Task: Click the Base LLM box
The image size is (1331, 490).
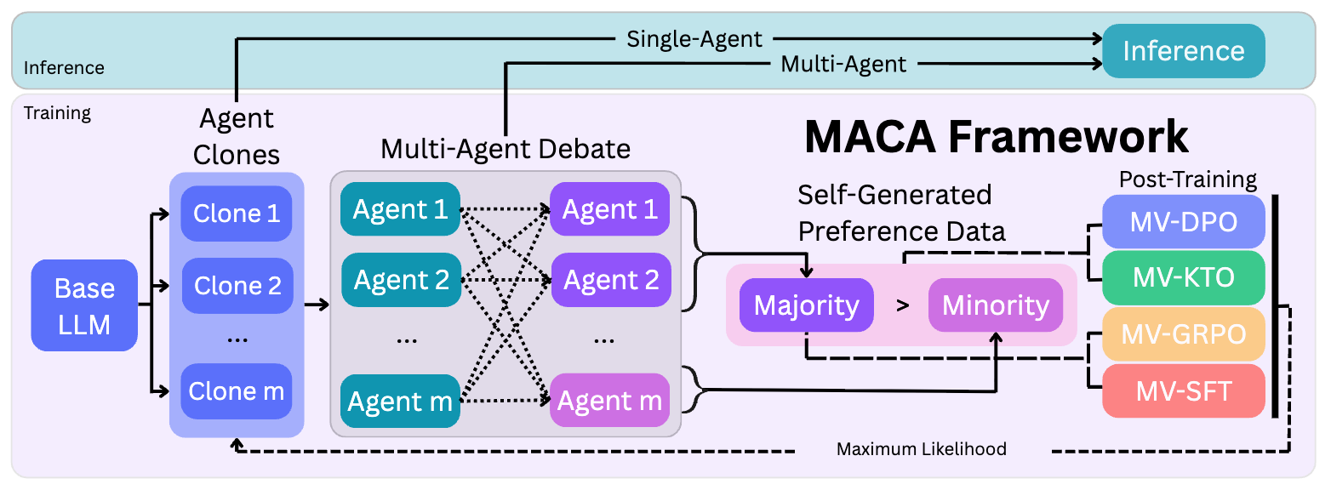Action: pos(84,305)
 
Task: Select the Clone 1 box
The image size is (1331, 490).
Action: pos(237,214)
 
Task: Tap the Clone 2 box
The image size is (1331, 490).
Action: pos(237,286)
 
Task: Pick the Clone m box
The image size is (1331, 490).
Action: pos(237,390)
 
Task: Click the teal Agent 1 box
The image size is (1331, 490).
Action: pos(400,209)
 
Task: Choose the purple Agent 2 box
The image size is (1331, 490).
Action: pos(610,279)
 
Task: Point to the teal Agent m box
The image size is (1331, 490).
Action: pos(400,402)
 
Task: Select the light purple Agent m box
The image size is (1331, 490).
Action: pos(609,402)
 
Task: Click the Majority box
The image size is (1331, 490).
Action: pos(806,305)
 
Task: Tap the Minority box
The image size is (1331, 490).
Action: pos(996,305)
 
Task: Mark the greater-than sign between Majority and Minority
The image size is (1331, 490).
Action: pos(902,305)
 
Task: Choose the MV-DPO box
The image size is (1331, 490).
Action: pos(1183,222)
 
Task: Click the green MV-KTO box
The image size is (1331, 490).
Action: pos(1183,277)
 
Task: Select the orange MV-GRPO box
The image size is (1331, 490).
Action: pos(1183,334)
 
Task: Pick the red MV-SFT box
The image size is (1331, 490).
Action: pos(1183,390)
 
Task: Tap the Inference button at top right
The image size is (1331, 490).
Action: pos(1183,51)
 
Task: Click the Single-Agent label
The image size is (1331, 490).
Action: pos(694,38)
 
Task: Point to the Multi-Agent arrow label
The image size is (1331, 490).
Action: pos(843,64)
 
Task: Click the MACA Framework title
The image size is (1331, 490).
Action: pos(996,136)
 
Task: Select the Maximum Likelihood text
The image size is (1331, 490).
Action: pos(921,449)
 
